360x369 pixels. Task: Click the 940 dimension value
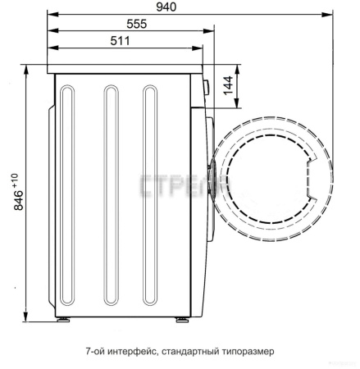pos(166,7)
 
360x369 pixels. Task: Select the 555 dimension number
pos(137,24)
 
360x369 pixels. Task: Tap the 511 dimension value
pos(120,41)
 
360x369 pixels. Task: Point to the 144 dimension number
pos(228,85)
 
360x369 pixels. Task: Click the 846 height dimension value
pos(19,200)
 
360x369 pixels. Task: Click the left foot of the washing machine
pos(63,320)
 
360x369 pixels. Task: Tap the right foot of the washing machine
pos(182,320)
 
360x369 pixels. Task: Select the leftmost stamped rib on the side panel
pos(67,195)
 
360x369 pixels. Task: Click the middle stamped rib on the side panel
pos(112,195)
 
